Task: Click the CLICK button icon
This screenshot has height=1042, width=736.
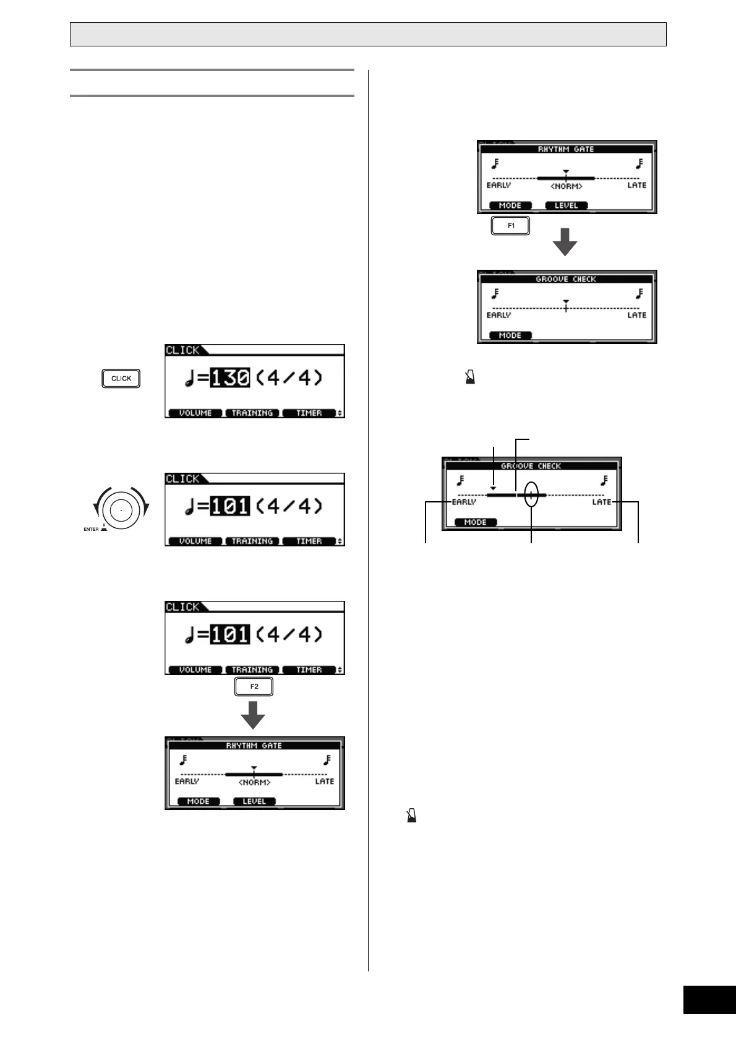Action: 121,379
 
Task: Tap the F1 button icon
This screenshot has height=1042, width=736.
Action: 511,226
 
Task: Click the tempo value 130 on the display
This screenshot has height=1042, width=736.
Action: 229,377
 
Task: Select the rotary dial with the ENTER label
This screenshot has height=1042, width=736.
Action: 121,509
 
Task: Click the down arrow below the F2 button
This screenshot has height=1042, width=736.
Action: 253,715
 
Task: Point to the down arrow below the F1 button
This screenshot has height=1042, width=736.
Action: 565,243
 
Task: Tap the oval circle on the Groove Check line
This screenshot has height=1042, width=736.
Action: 531,494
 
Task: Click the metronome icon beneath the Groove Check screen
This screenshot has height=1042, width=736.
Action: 470,378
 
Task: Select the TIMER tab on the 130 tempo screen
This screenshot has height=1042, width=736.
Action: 309,413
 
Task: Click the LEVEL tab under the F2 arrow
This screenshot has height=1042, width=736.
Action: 254,801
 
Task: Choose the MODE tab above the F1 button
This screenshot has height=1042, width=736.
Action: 510,205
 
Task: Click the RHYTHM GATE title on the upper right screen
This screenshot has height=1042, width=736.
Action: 566,149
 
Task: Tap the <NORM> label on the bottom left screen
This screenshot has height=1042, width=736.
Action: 254,783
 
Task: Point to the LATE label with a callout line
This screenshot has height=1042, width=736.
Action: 601,502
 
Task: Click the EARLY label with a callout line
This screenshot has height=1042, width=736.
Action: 464,502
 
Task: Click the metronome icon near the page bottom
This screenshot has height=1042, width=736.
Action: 412,816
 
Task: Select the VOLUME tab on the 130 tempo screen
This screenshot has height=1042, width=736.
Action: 195,413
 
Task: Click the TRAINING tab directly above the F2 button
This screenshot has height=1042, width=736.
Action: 252,670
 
